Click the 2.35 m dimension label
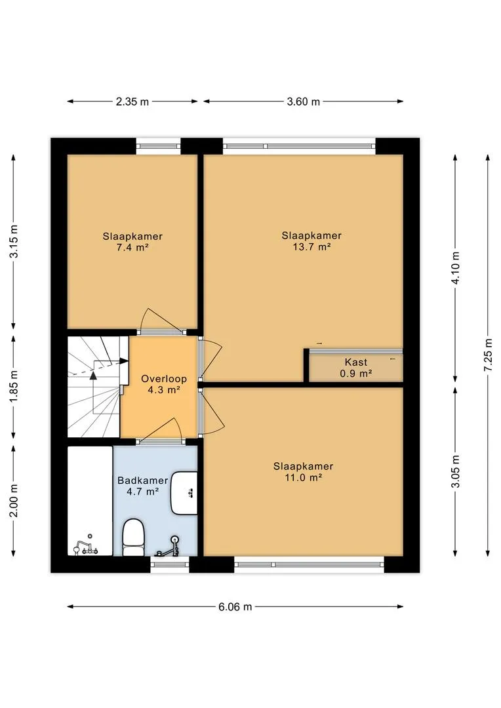pyautogui.click(x=132, y=102)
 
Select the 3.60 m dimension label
pyautogui.click(x=303, y=102)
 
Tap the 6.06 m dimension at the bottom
pyautogui.click(x=235, y=607)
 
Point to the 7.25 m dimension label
pyautogui.click(x=489, y=355)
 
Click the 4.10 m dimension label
pyautogui.click(x=455, y=267)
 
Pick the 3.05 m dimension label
pyautogui.click(x=455, y=471)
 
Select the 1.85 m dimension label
pyautogui.click(x=14, y=387)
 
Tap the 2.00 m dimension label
pyautogui.click(x=14, y=500)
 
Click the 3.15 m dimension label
pyautogui.click(x=14, y=241)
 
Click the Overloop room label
pyautogui.click(x=163, y=379)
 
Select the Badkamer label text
pyautogui.click(x=143, y=481)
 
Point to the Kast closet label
pyautogui.click(x=356, y=362)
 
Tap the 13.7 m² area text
pyautogui.click(x=311, y=247)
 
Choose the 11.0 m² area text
pyautogui.click(x=303, y=478)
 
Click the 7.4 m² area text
pyautogui.click(x=132, y=247)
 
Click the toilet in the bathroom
pyautogui.click(x=133, y=538)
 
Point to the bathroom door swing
pyautogui.click(x=161, y=429)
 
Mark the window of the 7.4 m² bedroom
pyautogui.click(x=158, y=146)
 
